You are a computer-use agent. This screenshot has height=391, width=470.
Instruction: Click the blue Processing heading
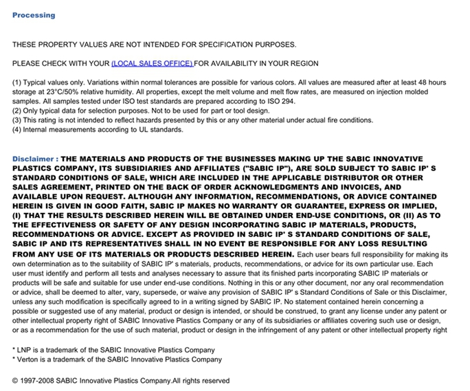point(34,15)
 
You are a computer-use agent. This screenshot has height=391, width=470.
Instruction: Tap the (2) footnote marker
point(17,111)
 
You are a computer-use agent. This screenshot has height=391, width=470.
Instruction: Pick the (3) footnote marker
point(17,120)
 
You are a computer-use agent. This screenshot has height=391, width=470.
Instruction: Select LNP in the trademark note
point(25,350)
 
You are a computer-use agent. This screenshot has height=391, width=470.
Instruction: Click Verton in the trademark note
point(29,359)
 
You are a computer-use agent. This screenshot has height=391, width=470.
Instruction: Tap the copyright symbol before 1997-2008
point(16,381)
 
